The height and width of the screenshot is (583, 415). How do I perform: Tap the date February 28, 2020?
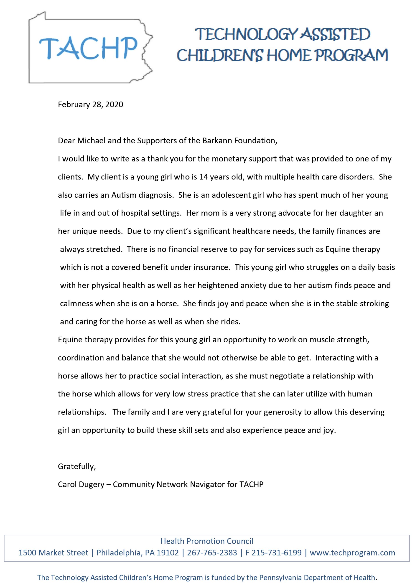point(90,105)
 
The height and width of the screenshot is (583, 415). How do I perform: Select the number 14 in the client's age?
point(204,177)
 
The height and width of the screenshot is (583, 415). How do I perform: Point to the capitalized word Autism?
point(124,195)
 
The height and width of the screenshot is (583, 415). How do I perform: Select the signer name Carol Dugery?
point(81,485)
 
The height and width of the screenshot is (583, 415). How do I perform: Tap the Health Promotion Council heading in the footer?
point(207,541)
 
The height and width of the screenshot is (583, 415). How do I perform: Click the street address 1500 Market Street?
point(53,553)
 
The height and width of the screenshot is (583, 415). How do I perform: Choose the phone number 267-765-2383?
point(212,553)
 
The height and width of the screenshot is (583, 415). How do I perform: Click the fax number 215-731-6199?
point(277,553)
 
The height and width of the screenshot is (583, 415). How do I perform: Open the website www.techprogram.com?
point(352,553)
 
